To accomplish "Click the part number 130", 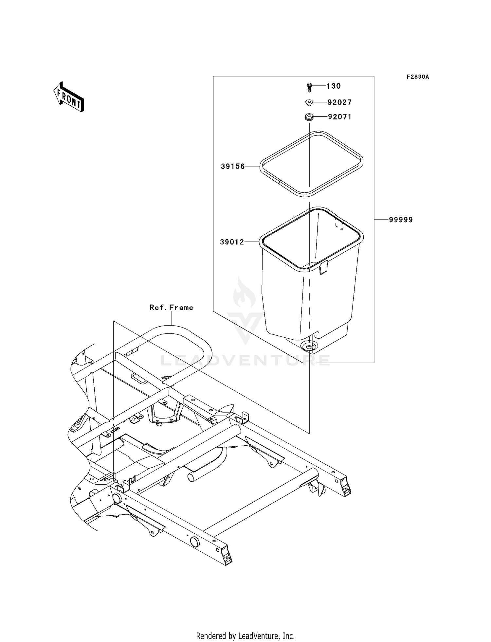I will point(334,86).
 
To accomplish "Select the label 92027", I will point(339,102).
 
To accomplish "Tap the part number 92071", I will point(339,117).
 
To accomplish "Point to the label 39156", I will point(233,167).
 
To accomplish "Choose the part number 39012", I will point(232,242).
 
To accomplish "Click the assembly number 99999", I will point(401,220).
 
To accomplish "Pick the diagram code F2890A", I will point(418,77).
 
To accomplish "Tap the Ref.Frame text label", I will point(171,308).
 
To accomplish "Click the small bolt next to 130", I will point(309,87).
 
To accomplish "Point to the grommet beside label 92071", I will point(309,117).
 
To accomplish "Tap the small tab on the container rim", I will point(323,268).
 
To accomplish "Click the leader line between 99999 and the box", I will point(381,220).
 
